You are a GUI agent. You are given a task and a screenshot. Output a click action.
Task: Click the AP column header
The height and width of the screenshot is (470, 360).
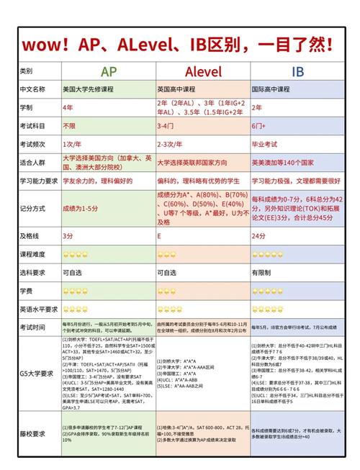tap(109, 71)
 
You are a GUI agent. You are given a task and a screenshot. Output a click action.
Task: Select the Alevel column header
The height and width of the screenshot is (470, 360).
tap(202, 71)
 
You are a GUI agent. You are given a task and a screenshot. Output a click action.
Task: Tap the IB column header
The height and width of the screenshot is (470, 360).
tap(297, 71)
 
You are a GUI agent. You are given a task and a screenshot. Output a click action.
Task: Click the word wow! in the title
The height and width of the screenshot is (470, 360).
tap(46, 43)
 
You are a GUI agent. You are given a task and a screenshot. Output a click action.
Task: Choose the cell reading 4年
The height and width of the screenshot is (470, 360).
tap(68, 107)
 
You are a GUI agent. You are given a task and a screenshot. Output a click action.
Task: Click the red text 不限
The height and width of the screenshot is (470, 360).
tap(69, 125)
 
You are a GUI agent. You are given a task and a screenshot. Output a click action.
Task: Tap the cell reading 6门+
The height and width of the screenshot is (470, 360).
tap(259, 125)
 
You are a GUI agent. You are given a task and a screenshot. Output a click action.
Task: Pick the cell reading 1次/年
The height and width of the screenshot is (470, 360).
tap(73, 144)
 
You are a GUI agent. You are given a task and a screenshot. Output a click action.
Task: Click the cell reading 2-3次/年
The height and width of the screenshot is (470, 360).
tap(171, 144)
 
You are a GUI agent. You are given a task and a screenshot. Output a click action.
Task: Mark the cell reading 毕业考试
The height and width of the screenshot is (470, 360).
tap(264, 144)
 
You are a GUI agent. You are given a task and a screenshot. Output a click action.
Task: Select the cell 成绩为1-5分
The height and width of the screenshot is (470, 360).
tap(81, 207)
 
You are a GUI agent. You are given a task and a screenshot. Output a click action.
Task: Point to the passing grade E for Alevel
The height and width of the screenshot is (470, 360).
tap(159, 235)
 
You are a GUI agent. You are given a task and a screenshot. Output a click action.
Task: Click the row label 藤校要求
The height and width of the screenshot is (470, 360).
tap(32, 433)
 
